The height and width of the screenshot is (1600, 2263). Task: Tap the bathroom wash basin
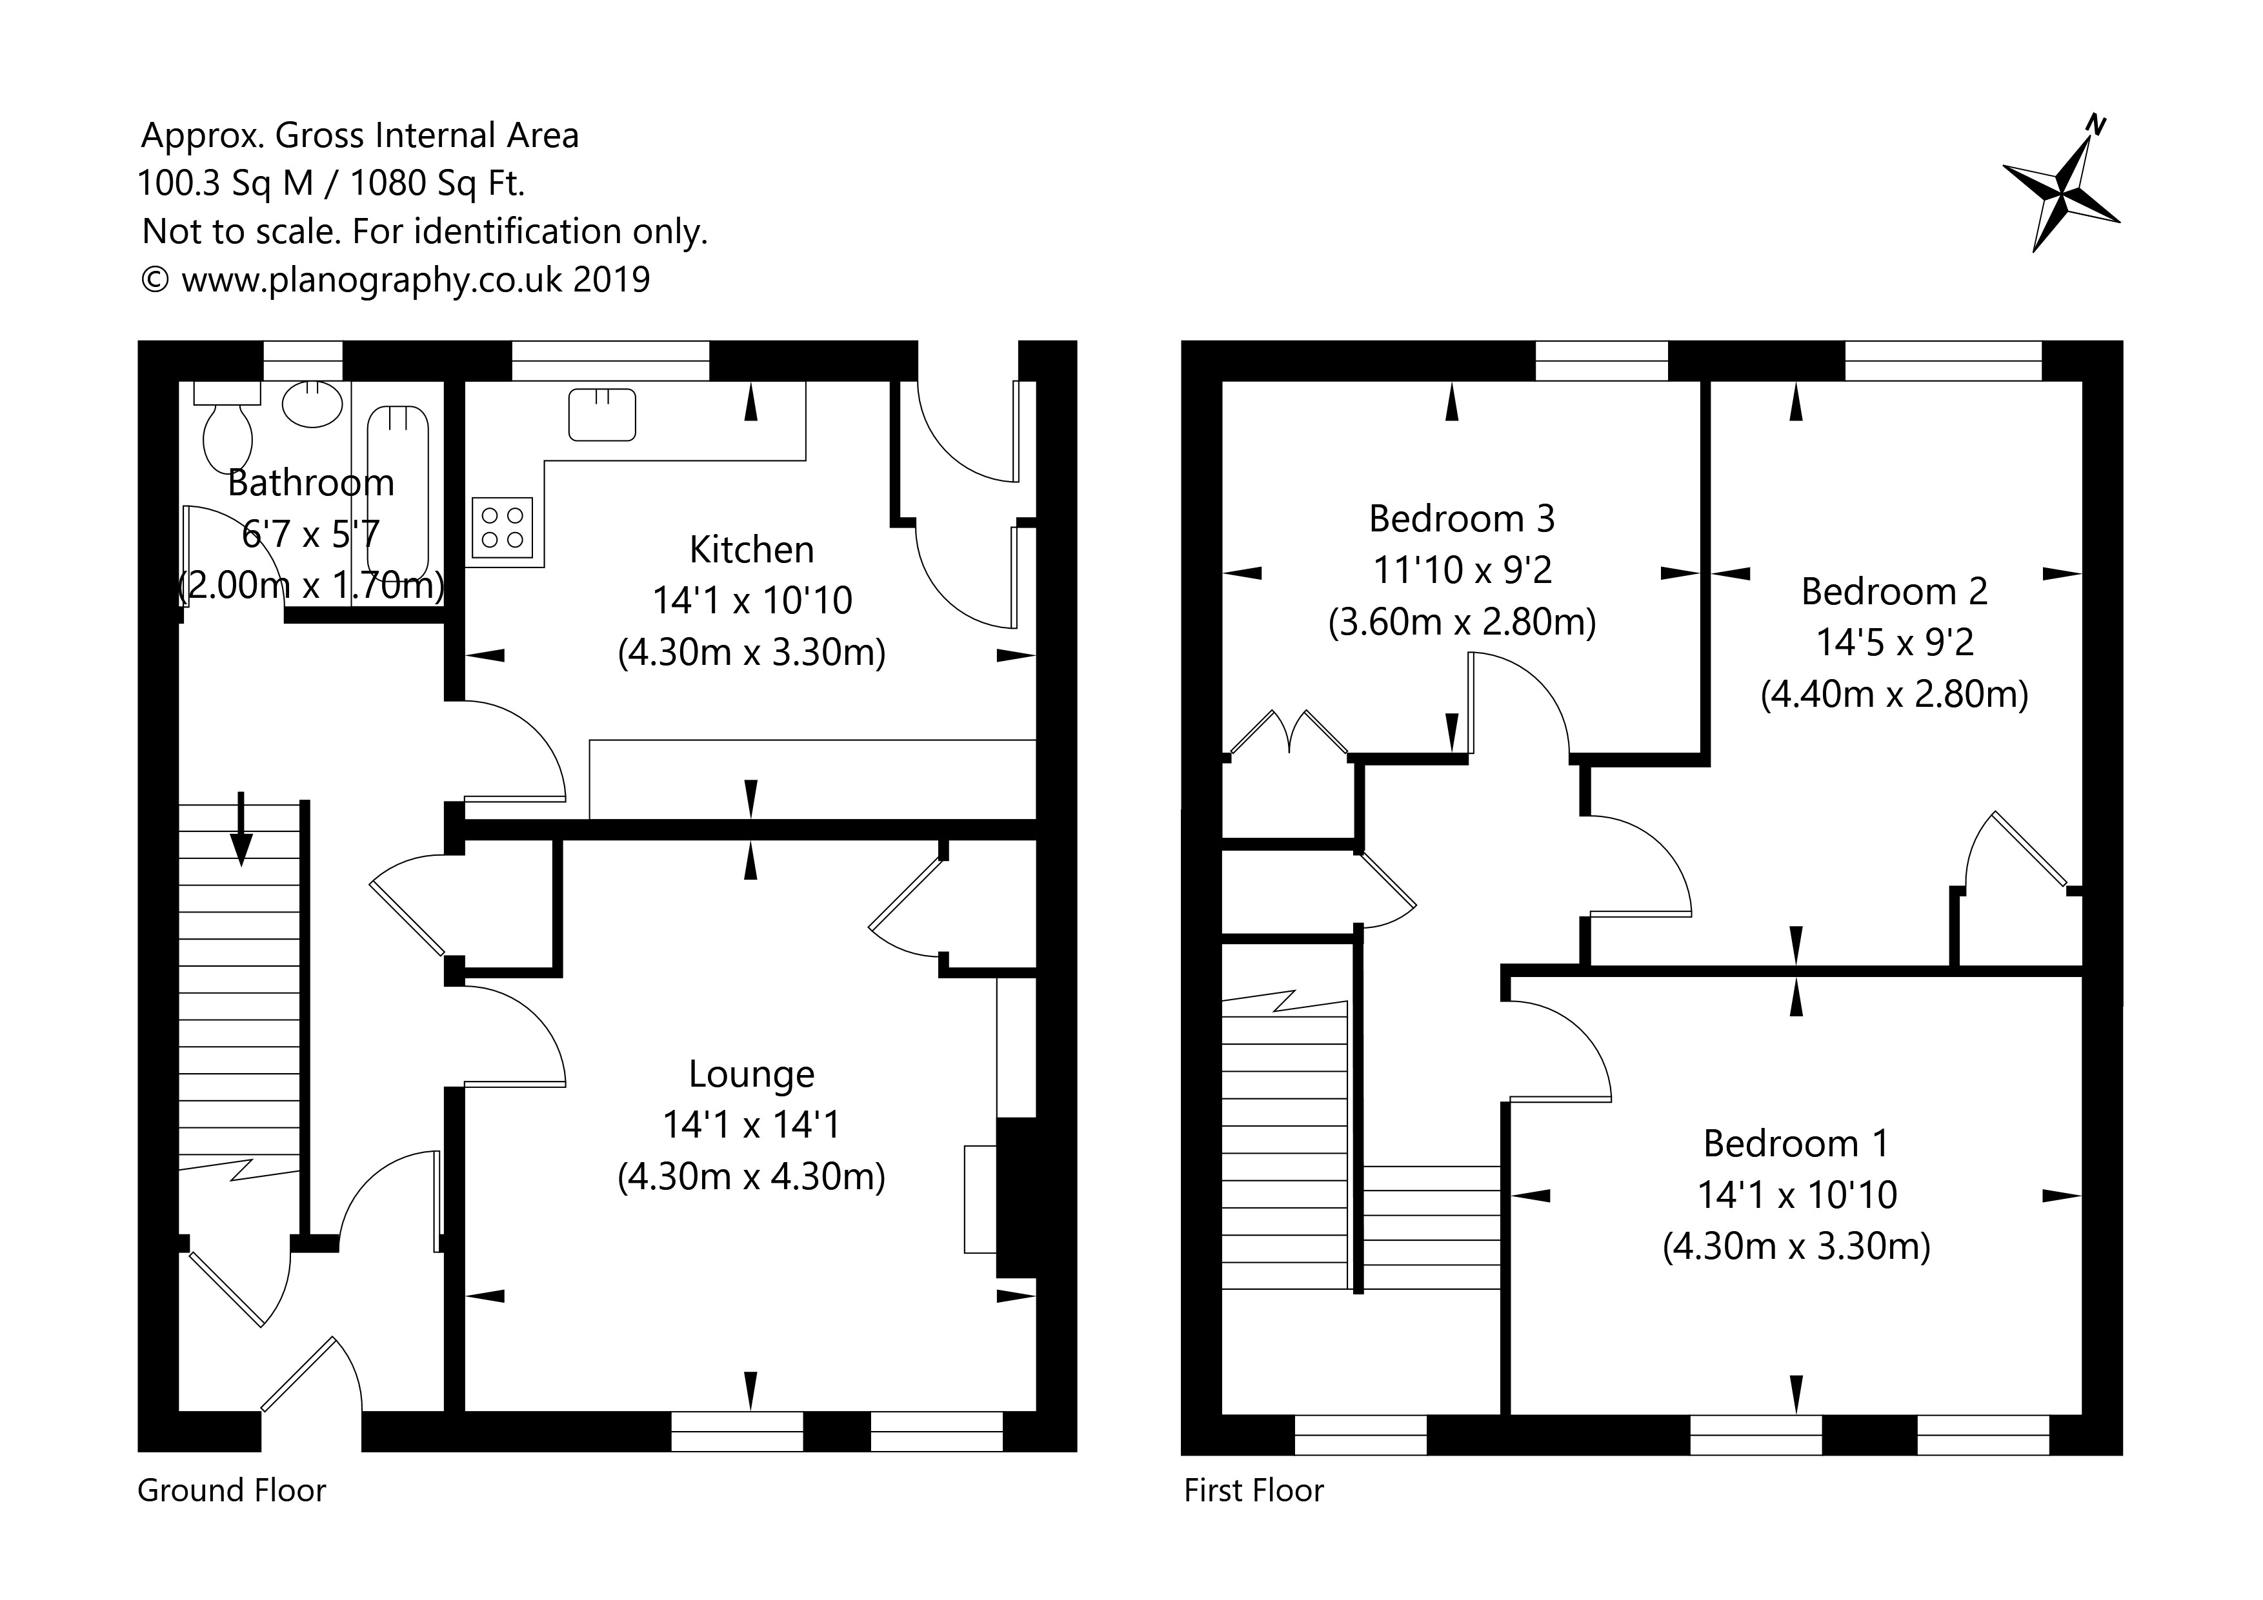click(314, 404)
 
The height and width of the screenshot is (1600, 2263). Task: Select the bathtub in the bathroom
click(398, 493)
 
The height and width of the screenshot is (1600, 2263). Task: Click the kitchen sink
click(602, 414)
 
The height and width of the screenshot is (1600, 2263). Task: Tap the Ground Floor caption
click(232, 1490)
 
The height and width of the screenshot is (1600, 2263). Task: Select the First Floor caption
click(1254, 1490)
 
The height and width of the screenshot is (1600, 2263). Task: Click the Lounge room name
click(751, 1073)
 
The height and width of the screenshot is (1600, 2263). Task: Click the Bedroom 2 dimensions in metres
click(1895, 695)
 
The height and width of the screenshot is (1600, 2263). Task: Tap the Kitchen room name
click(751, 549)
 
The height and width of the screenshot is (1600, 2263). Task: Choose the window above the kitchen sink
click(610, 360)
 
